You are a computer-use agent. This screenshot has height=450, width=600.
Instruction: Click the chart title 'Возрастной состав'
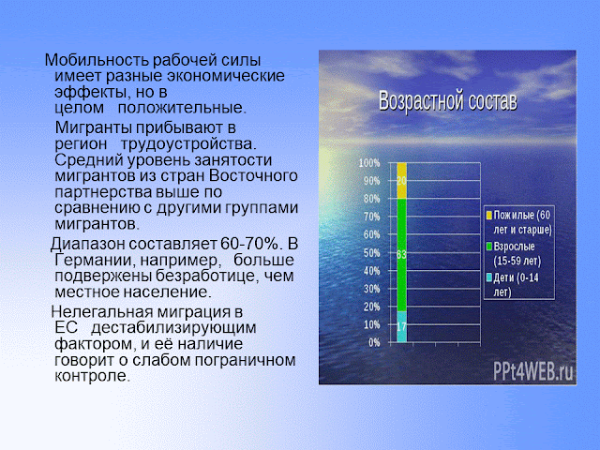point(448,101)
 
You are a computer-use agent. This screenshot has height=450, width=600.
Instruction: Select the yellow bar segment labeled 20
point(401,181)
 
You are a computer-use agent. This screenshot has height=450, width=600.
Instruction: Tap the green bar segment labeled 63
point(401,255)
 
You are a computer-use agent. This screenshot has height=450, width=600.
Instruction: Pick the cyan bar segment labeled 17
point(401,326)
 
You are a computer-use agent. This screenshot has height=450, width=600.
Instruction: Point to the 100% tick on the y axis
point(369,163)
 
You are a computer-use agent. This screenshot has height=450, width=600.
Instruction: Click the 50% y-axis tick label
point(371,253)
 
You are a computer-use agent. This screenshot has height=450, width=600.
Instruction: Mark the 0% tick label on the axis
point(374,342)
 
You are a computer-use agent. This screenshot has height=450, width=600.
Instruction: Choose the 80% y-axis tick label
point(371,199)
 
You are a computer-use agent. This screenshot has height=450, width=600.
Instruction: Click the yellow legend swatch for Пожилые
point(489,216)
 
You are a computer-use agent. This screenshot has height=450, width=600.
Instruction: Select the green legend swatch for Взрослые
point(489,247)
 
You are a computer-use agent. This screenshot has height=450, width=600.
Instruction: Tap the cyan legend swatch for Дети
point(489,277)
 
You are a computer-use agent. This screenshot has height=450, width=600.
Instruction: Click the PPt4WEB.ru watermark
point(533,371)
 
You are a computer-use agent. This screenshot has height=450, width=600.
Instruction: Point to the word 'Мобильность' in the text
point(97,60)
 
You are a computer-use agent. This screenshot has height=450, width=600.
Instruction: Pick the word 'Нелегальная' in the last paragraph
point(102,312)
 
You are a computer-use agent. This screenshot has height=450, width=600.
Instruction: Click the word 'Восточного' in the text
point(253,175)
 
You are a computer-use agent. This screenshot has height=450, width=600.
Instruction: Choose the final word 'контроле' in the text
point(92,376)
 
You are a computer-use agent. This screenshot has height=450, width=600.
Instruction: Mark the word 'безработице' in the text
point(203,276)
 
